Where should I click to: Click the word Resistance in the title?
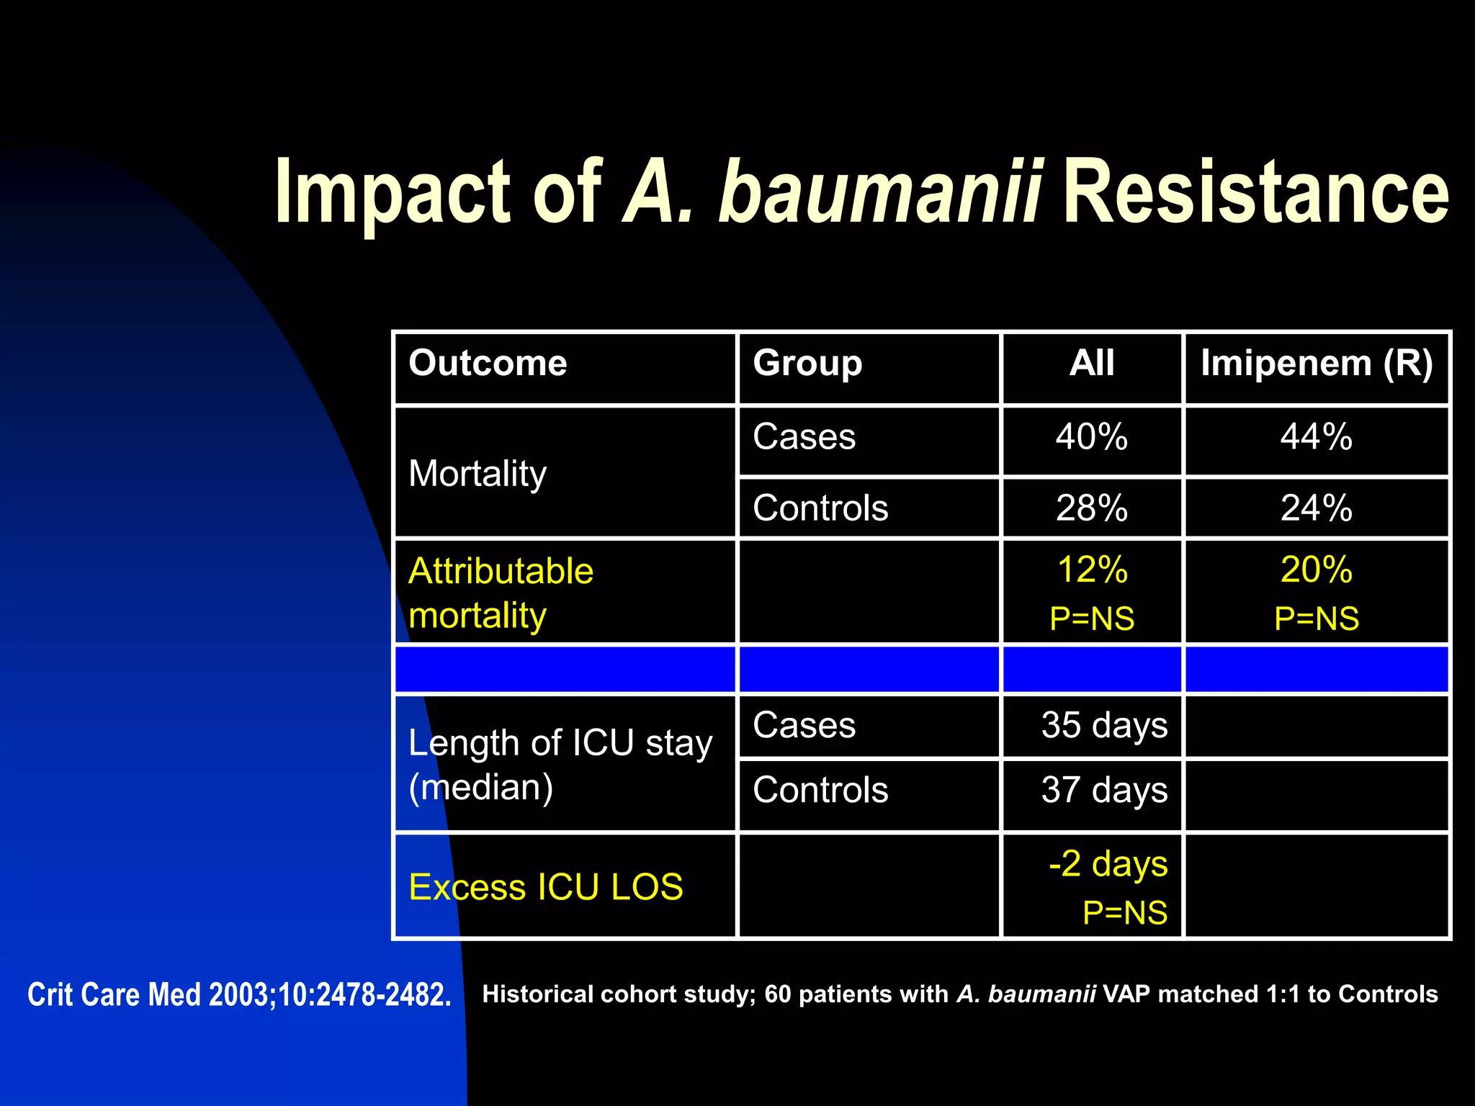click(1255, 193)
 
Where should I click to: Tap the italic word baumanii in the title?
click(879, 193)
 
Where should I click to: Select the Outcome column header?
click(488, 363)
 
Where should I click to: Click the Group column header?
click(807, 363)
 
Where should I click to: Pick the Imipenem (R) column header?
click(1317, 363)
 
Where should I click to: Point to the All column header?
click(1092, 363)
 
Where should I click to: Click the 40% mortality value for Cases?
click(1092, 437)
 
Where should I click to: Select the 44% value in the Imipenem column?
click(1317, 437)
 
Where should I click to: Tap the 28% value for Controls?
click(1092, 508)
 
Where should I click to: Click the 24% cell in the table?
click(1317, 508)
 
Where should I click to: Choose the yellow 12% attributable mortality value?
click(1092, 570)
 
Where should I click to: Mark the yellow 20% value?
click(1317, 570)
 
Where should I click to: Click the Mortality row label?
click(478, 474)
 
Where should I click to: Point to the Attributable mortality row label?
click(501, 593)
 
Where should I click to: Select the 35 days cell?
click(1104, 725)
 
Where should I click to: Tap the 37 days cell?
click(1104, 790)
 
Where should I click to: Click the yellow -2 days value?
click(1108, 864)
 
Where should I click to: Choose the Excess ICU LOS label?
click(545, 887)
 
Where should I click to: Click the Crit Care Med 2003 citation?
click(239, 995)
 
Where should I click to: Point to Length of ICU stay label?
click(560, 743)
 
